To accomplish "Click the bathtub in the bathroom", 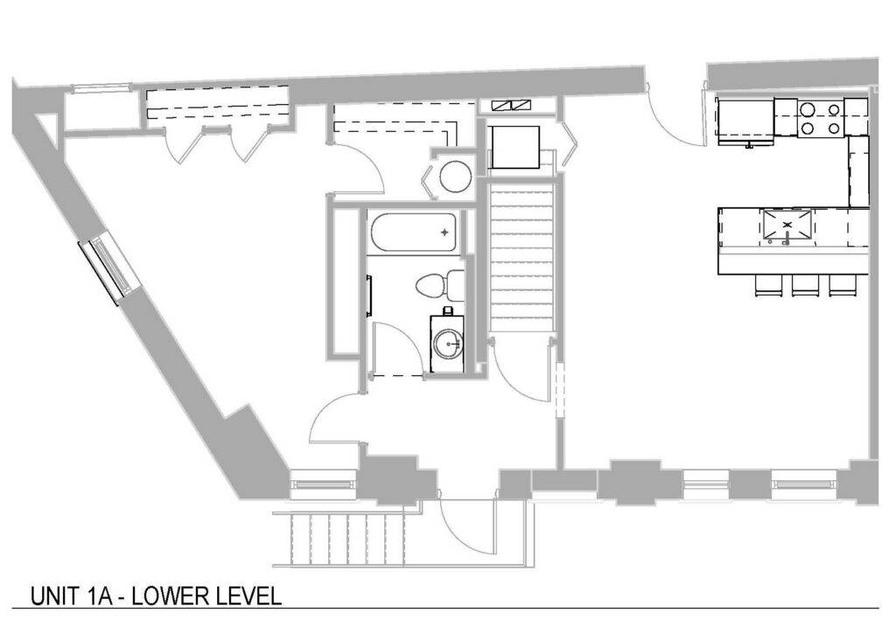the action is coord(414,233).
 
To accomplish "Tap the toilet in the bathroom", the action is coord(441,285).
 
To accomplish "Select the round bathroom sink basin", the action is coord(447,345).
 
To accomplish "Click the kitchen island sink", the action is coord(787,226).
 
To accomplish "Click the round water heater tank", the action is coord(455,176).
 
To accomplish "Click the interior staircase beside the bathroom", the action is coord(522,256).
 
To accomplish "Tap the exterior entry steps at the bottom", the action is coord(347,539).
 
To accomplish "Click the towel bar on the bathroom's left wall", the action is coord(369,295).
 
